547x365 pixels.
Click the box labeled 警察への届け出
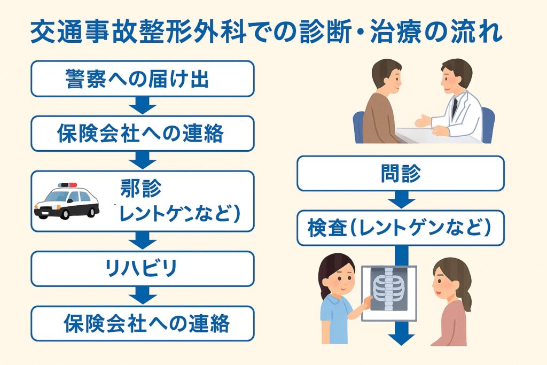[x=142, y=79]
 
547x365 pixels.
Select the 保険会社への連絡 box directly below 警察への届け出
[x=142, y=134]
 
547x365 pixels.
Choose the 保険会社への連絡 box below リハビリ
[x=142, y=323]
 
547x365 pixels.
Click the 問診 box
[x=401, y=173]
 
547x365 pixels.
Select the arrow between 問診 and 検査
[x=401, y=200]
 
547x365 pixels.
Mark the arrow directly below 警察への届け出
[x=142, y=106]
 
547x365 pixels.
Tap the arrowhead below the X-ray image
[x=401, y=338]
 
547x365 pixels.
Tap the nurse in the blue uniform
[x=337, y=305]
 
